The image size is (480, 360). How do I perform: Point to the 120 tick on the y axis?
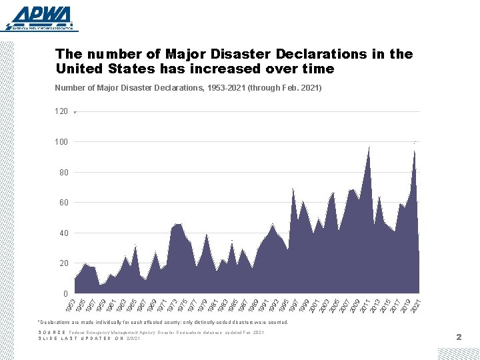(61, 111)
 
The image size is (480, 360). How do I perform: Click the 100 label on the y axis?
(61, 142)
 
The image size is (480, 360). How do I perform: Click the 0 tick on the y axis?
(65, 294)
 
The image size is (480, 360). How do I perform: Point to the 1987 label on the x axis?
(242, 306)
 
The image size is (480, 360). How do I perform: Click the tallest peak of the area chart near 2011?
(369, 147)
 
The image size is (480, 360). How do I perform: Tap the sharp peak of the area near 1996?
(293, 189)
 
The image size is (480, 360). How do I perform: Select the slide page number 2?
(459, 337)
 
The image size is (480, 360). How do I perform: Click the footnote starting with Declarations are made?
(164, 322)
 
